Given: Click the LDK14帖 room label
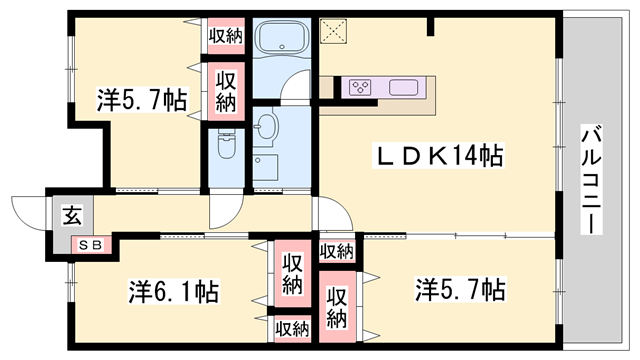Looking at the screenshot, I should [x=438, y=156].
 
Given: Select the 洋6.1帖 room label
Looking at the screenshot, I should [x=173, y=292].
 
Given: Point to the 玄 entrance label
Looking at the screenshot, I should [x=74, y=213].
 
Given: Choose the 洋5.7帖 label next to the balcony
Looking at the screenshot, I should [x=460, y=290].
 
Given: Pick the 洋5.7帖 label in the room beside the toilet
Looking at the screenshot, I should [x=142, y=99].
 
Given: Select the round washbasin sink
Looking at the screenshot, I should [x=266, y=126].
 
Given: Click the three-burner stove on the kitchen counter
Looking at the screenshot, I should [x=361, y=87].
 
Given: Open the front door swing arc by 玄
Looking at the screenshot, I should [x=29, y=210].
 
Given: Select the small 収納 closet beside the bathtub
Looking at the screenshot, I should [x=225, y=36].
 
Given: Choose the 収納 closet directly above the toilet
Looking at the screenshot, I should [x=225, y=90].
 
